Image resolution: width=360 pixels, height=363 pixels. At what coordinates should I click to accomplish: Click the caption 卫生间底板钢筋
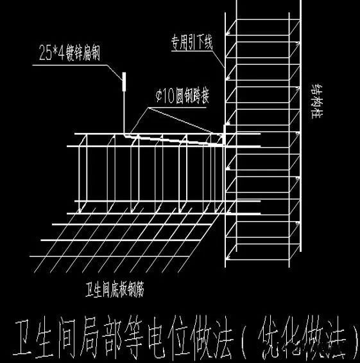point(116,289)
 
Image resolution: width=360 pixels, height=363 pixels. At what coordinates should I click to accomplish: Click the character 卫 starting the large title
point(26,337)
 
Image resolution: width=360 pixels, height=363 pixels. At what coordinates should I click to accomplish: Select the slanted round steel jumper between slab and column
point(173,138)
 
